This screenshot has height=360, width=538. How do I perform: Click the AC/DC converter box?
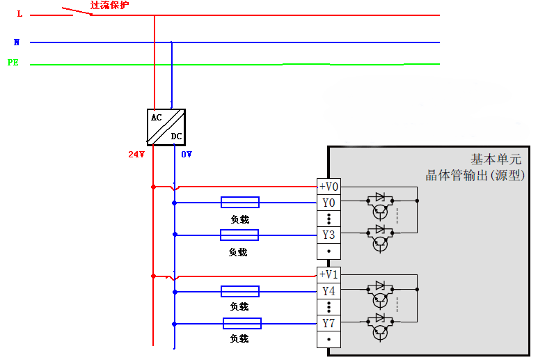(166, 127)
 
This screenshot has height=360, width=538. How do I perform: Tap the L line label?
(19, 14)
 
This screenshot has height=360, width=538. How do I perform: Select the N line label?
(17, 42)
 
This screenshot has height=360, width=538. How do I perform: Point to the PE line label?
(13, 63)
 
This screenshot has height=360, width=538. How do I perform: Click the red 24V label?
(136, 155)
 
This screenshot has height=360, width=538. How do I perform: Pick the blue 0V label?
(187, 155)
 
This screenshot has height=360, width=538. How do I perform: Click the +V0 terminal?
(329, 187)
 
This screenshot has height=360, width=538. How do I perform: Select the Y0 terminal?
(329, 203)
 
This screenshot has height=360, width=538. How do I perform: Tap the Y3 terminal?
(329, 235)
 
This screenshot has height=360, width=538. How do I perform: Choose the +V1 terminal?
(329, 274)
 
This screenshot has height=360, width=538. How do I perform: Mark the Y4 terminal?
(329, 291)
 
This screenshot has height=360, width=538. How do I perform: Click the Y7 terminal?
(329, 323)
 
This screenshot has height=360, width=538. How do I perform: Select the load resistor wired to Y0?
(240, 203)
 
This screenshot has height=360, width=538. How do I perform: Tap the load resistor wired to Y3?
(239, 235)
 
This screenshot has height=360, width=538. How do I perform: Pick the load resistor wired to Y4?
(240, 291)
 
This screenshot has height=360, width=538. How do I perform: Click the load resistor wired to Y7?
(242, 323)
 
